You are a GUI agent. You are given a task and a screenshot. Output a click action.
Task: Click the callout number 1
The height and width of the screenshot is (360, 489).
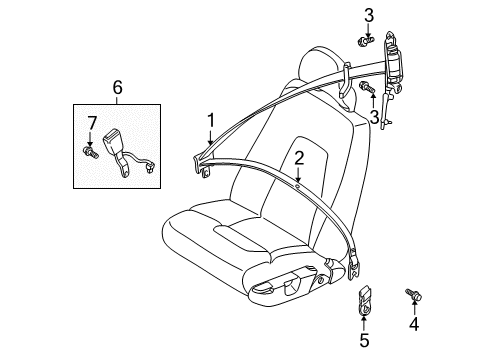click(211, 122)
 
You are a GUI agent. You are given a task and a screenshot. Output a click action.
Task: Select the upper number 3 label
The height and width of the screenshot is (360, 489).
click(368, 14)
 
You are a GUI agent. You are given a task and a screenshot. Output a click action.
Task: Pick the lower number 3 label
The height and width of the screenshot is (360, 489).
click(373, 116)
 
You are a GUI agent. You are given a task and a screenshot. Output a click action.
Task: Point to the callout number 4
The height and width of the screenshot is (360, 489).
click(412, 325)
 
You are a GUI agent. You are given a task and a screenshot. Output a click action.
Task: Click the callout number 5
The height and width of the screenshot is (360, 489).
click(119, 89)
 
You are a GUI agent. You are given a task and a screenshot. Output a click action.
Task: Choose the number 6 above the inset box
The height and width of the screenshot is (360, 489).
click(91, 123)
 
